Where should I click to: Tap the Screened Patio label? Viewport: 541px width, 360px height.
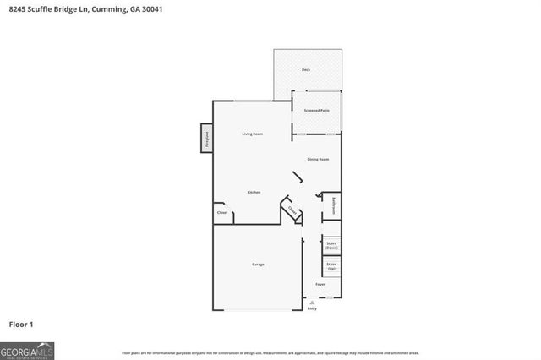(x=317, y=110)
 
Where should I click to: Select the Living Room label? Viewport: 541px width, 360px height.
(x=254, y=134)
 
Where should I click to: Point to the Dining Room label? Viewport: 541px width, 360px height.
(x=318, y=159)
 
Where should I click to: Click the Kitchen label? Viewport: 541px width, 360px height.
(x=254, y=193)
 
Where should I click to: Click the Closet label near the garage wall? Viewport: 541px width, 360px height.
(x=222, y=213)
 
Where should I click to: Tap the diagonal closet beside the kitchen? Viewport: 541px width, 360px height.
(x=292, y=210)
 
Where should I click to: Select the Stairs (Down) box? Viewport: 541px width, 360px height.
(x=331, y=245)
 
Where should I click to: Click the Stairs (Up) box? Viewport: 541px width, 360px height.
(x=331, y=266)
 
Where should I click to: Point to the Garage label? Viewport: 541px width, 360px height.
(x=258, y=265)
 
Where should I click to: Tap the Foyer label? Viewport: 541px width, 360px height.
(x=320, y=284)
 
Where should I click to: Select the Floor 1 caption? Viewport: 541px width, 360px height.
(x=21, y=324)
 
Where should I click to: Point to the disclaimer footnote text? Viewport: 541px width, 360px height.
(x=270, y=352)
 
